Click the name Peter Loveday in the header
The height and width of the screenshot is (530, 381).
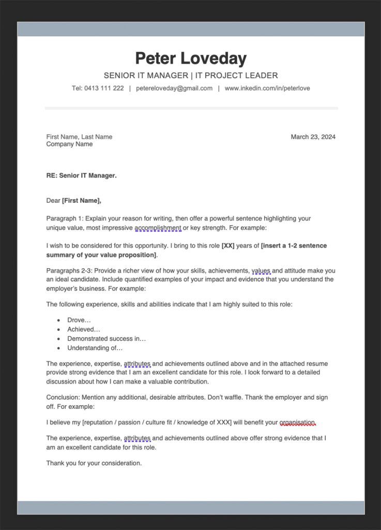pos(191,58)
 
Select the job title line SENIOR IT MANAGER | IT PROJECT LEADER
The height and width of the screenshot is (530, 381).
pos(191,76)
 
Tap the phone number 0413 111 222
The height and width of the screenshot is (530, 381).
pos(104,89)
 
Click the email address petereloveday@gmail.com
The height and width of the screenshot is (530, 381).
pos(174,89)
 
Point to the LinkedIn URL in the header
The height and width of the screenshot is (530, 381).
pos(267,89)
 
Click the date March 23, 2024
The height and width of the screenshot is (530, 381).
pos(313,137)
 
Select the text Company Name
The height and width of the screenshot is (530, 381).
pos(69,144)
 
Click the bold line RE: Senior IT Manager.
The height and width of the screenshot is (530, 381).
pos(81,175)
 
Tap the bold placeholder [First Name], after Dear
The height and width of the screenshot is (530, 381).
pos(82,201)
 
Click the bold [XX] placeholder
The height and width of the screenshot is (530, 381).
pos(228,246)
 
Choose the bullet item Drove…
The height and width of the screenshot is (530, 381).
pos(79,320)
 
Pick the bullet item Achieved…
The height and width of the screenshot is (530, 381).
pos(84,330)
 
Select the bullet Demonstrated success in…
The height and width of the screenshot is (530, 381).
pos(106,339)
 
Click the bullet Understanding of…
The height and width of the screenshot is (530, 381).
pos(95,348)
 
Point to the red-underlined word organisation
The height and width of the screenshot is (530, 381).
pos(297,423)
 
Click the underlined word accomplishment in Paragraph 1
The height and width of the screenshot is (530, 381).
pos(158,228)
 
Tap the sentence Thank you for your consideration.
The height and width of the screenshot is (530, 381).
pos(94,463)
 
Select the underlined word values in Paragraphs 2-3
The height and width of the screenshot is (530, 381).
pos(261,271)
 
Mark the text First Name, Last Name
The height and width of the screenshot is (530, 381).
pos(79,137)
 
